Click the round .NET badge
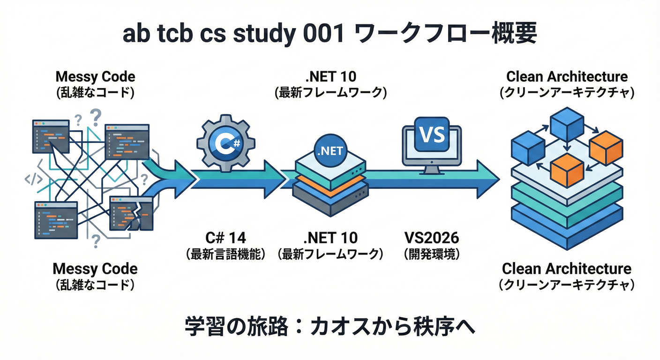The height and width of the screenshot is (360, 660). (330, 150)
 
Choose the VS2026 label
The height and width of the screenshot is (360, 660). (431, 239)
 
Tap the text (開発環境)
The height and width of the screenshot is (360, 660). (431, 255)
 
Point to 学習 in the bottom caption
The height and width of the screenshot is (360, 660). (202, 327)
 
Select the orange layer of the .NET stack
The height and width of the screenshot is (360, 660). (330, 180)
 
